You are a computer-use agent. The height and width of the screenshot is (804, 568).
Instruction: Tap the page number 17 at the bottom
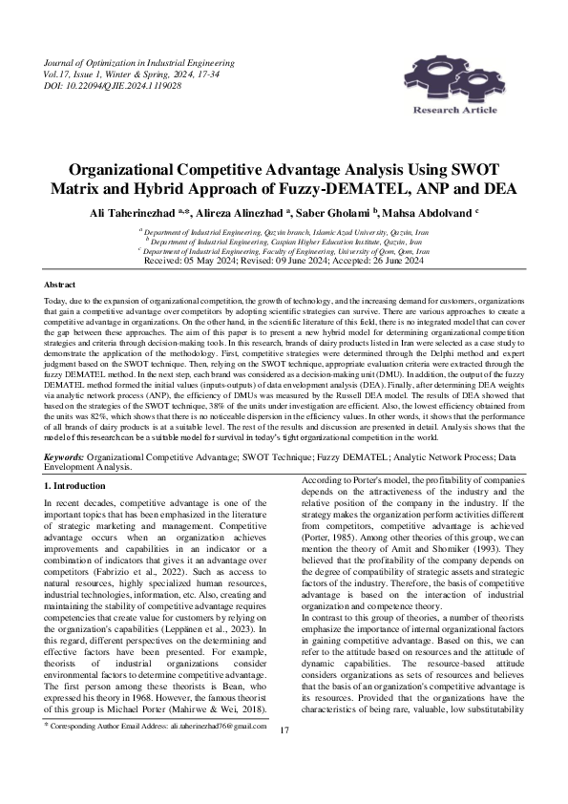(284, 756)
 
